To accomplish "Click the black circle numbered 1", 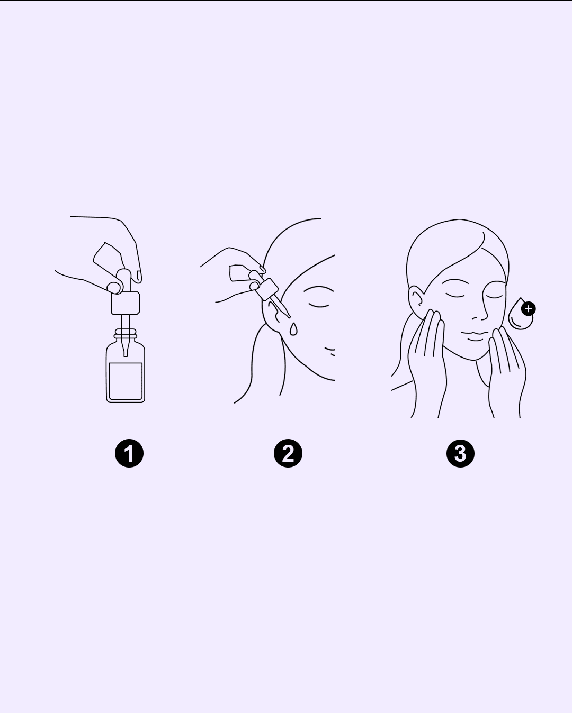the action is click(x=129, y=453).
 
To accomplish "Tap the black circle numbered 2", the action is click(x=288, y=453).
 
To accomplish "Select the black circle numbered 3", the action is click(x=460, y=453).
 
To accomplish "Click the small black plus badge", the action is click(x=528, y=309).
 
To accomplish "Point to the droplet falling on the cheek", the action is click(x=293, y=329).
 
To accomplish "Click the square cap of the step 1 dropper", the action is click(x=126, y=303).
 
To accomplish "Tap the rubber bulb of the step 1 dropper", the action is click(x=123, y=280).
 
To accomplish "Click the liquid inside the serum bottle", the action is click(x=126, y=381).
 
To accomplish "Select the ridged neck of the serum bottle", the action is click(x=126, y=334).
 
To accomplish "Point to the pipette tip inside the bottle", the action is click(x=126, y=349).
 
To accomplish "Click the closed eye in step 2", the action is click(x=318, y=305).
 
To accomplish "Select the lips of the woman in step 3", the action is click(x=475, y=335).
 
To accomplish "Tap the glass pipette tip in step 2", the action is click(x=281, y=308).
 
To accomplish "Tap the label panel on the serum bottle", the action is click(x=126, y=381).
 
